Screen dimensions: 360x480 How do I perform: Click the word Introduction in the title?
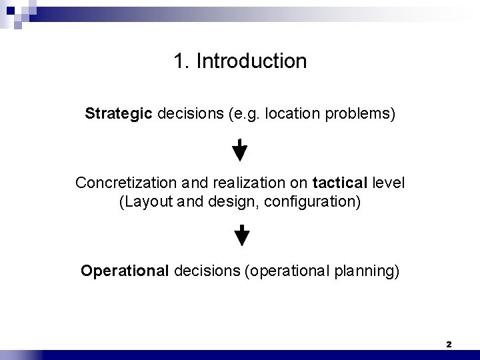pyautogui.click(x=253, y=61)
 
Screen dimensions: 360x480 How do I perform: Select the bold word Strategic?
pyautogui.click(x=119, y=114)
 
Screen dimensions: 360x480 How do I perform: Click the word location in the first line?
pyautogui.click(x=289, y=114)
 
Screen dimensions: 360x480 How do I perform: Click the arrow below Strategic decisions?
pyautogui.click(x=239, y=150)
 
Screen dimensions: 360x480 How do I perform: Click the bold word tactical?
pyautogui.click(x=337, y=183)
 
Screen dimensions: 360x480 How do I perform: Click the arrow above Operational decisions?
pyautogui.click(x=243, y=236)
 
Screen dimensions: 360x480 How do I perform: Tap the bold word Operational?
pyautogui.click(x=125, y=271)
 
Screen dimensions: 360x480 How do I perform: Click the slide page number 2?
pyautogui.click(x=449, y=344)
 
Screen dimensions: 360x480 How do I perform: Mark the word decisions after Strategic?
pyautogui.click(x=188, y=114)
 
